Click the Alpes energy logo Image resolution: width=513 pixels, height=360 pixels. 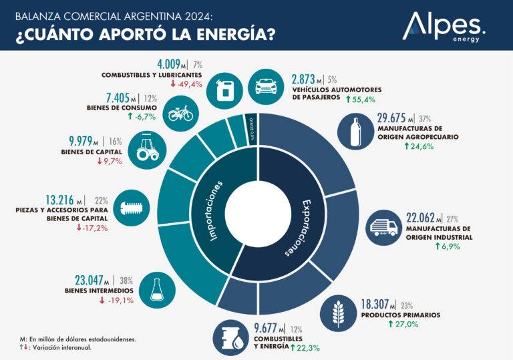(444, 27)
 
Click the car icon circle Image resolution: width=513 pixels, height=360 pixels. (266, 87)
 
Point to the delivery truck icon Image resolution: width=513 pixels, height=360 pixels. (386, 228)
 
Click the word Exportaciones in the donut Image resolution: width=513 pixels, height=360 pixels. (295, 227)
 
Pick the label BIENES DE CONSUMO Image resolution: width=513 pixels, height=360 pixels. (122, 108)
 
